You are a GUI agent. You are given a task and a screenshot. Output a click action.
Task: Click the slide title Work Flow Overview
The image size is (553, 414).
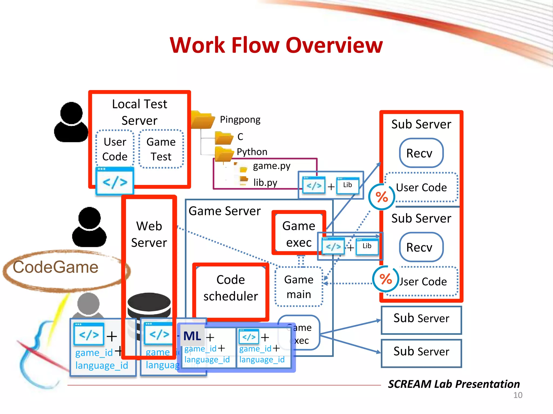[276, 45]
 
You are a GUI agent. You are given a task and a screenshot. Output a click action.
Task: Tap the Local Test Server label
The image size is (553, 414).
[139, 112]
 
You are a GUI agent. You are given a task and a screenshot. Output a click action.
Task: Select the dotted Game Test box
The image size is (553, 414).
[161, 149]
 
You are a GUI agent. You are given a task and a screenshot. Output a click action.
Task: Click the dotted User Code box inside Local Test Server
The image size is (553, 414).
[115, 149]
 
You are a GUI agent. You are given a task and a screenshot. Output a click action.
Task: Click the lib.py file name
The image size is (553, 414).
[265, 182]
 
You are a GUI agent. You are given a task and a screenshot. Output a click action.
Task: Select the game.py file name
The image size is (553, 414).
[271, 166]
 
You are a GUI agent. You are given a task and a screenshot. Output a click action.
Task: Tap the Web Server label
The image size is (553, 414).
[149, 234]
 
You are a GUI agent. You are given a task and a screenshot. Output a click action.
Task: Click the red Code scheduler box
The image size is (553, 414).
[231, 288]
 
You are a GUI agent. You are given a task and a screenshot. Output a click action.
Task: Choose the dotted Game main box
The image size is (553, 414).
[299, 287]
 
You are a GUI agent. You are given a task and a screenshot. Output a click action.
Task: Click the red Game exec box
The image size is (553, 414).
[299, 234]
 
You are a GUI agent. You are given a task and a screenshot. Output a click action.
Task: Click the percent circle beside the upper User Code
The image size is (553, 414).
[382, 197]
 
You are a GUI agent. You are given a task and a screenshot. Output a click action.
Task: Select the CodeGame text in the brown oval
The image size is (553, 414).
[56, 267]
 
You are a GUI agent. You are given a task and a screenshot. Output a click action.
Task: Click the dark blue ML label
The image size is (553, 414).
[192, 336]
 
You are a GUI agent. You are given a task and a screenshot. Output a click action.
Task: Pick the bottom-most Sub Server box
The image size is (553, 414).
[421, 353]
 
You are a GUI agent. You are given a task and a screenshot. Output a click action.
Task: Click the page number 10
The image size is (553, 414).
[518, 395]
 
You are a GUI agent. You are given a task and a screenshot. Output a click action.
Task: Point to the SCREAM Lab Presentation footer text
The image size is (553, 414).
[454, 384]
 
